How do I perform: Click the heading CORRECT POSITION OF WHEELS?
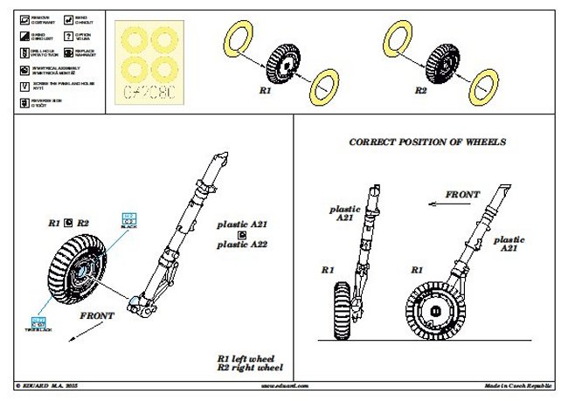[x=427, y=141]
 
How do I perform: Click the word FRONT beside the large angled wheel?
[x=98, y=315]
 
